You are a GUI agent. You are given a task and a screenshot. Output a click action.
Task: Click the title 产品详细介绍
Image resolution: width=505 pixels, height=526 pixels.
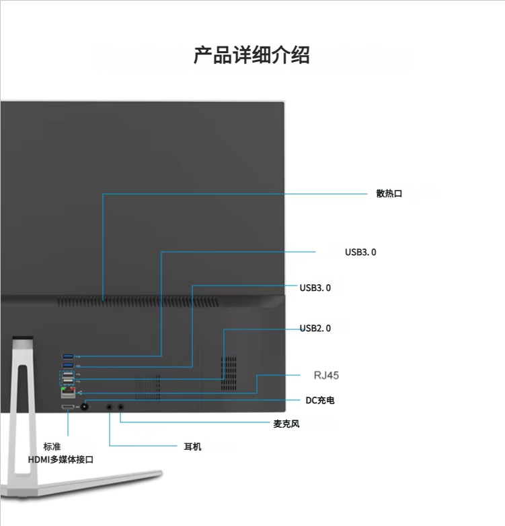[x=251, y=55]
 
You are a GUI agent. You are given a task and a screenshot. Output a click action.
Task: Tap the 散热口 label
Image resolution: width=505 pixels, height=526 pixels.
[x=389, y=194]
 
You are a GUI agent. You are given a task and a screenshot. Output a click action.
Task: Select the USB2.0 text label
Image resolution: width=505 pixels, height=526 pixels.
[x=315, y=329]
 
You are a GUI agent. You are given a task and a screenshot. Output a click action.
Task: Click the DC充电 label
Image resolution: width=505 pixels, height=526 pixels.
[x=319, y=401]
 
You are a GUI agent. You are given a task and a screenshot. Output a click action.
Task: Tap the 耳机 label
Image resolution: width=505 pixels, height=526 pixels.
[x=192, y=447]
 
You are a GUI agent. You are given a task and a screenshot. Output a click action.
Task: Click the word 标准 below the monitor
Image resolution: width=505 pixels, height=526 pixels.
[x=52, y=447]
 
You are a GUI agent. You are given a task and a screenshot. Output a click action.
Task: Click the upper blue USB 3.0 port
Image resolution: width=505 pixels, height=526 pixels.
[x=69, y=356]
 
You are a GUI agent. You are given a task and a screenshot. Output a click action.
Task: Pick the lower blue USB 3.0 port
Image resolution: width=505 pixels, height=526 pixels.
[x=69, y=366]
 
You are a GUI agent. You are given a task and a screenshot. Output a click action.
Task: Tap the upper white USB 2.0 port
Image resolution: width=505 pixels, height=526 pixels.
[x=69, y=374]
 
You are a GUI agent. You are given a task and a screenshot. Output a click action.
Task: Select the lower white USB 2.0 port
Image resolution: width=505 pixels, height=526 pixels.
[x=69, y=382]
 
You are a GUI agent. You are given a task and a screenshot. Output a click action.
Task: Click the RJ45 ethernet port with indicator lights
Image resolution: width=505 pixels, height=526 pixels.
[x=68, y=393]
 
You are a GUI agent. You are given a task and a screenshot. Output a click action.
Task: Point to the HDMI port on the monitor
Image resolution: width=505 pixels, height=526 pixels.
[x=68, y=407]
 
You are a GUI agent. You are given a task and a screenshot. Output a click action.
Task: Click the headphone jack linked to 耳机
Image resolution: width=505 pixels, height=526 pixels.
[x=110, y=406]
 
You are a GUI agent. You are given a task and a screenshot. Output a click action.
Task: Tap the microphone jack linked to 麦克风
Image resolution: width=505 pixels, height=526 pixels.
[x=121, y=406]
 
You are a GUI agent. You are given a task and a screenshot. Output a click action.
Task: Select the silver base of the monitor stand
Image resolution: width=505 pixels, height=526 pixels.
[x=87, y=484]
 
